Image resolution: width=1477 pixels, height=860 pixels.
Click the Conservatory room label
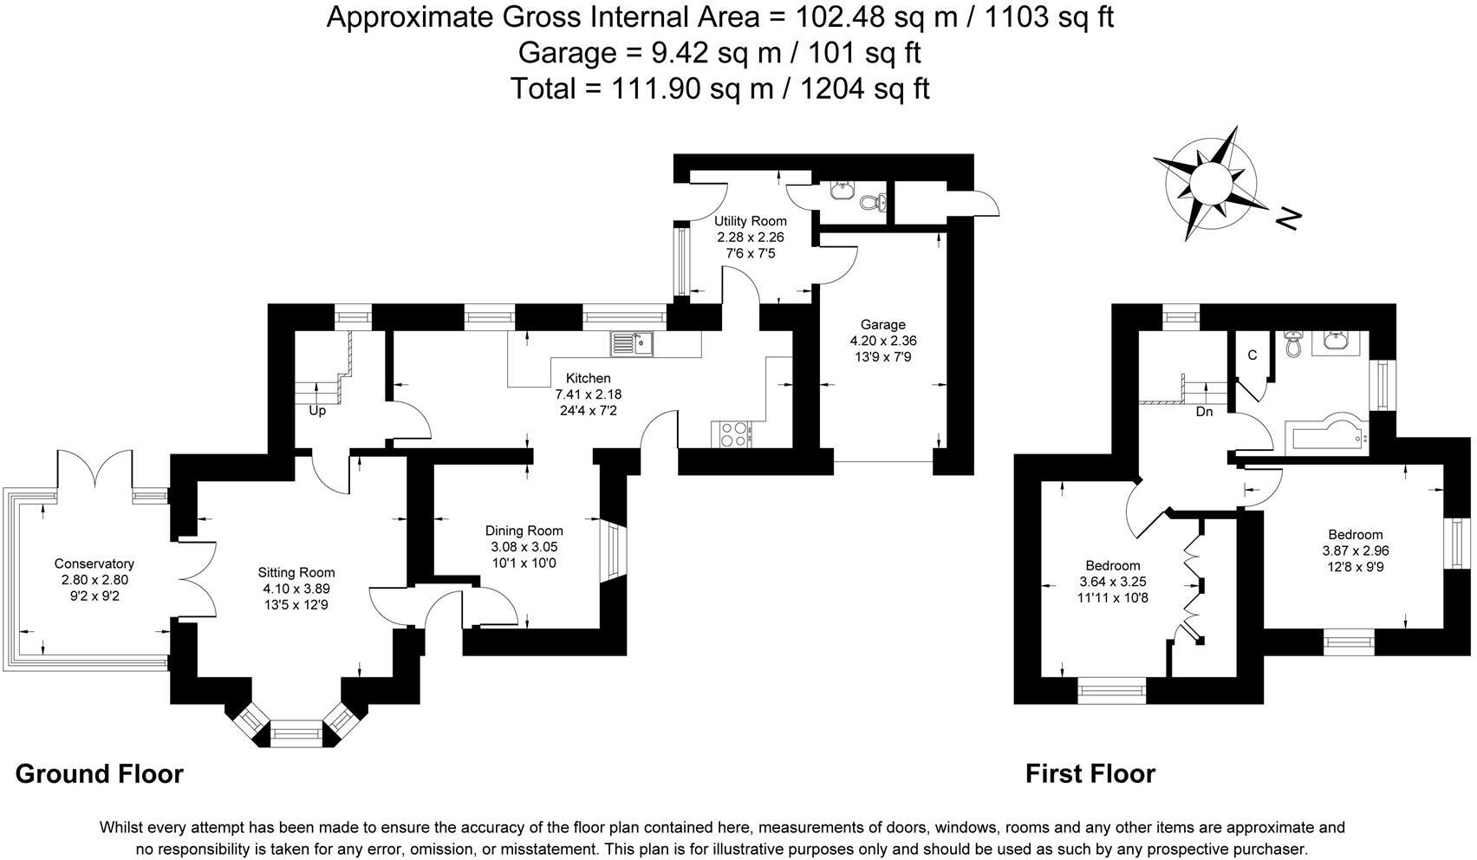click(94, 564)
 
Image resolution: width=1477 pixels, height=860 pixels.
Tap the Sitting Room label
click(296, 572)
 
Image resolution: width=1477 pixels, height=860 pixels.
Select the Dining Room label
click(524, 531)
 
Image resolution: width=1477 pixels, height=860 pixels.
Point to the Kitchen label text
click(588, 378)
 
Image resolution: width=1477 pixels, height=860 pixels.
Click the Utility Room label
click(750, 221)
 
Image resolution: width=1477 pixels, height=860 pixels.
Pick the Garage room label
click(882, 325)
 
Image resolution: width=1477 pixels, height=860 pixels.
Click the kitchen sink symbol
click(632, 344)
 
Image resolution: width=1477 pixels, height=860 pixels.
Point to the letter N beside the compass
click(1289, 218)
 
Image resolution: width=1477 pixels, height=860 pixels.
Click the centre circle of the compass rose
click(1208, 183)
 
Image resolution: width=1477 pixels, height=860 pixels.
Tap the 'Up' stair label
click(317, 411)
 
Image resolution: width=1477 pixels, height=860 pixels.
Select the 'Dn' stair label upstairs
click(1204, 412)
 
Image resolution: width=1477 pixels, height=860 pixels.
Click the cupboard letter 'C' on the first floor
click(1252, 355)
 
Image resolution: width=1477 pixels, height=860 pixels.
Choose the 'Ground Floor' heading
click(99, 773)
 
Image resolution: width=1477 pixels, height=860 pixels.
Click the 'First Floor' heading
click(1090, 773)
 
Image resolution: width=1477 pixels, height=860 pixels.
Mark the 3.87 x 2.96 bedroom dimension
click(1355, 551)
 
